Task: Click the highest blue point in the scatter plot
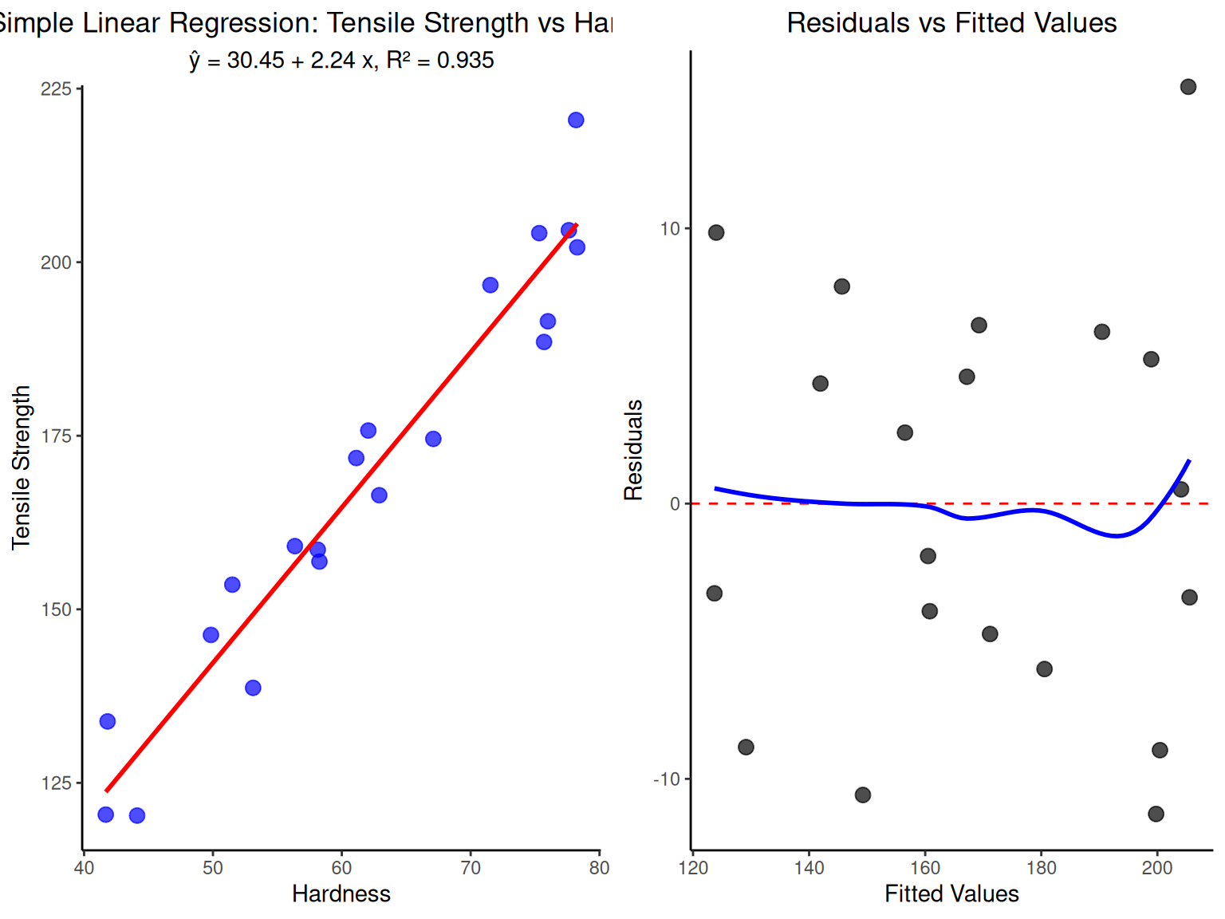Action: coord(576,120)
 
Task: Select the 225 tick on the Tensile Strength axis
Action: coord(56,89)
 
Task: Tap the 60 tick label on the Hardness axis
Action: coord(341,868)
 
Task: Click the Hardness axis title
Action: coord(341,893)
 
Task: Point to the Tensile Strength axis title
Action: coord(22,467)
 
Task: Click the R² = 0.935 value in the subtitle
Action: coord(440,61)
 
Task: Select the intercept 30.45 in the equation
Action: coord(255,61)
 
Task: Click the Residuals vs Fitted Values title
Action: coord(951,23)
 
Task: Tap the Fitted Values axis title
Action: coord(951,893)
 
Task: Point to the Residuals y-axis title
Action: coord(633,450)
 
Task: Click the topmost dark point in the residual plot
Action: coord(1188,87)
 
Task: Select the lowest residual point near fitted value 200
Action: coord(1156,814)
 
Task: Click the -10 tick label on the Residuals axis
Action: coord(667,779)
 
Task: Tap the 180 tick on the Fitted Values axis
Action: coord(1041,868)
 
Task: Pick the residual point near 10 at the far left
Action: coord(716,233)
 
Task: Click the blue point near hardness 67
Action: coord(433,439)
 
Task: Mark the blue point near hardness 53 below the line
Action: coord(253,688)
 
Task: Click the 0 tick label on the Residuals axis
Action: coord(675,504)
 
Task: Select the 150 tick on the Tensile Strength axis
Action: coord(56,609)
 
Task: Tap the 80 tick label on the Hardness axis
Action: coord(599,868)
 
